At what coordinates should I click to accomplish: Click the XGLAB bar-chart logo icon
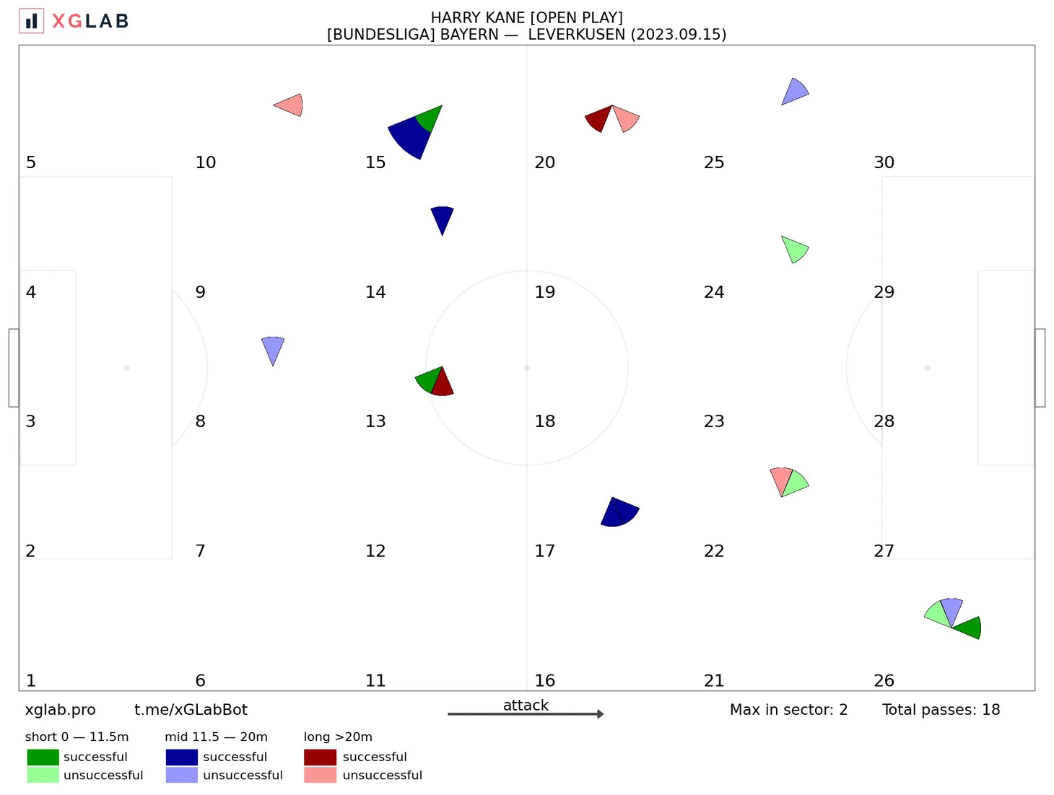(x=31, y=21)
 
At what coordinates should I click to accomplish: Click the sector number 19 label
(x=544, y=292)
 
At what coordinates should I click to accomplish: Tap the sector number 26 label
(x=884, y=680)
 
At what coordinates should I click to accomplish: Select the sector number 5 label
(x=31, y=162)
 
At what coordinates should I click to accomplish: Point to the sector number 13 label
(x=375, y=421)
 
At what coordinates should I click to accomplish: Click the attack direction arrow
(x=526, y=714)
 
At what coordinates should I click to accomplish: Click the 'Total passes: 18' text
(x=941, y=710)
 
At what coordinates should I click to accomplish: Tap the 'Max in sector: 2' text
(x=788, y=710)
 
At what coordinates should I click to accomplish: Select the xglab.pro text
(x=60, y=710)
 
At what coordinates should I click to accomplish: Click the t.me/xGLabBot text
(x=191, y=710)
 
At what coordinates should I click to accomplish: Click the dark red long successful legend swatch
(x=320, y=757)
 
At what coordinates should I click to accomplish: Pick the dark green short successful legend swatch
(x=43, y=757)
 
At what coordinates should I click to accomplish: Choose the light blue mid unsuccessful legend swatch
(x=181, y=776)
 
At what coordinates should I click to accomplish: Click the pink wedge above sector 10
(x=291, y=105)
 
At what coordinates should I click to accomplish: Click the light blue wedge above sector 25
(x=795, y=92)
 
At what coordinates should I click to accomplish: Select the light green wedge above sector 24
(x=795, y=250)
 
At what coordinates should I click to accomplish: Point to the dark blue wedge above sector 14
(x=442, y=217)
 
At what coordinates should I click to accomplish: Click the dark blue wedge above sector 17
(x=619, y=512)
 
